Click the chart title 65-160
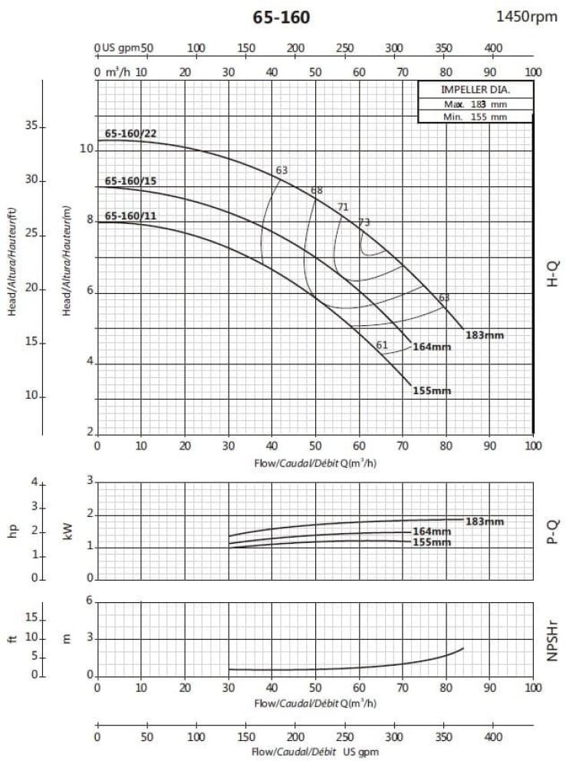(281, 17)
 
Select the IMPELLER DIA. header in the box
(475, 89)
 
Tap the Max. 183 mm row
(476, 104)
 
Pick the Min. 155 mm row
(476, 117)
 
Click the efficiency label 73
(364, 222)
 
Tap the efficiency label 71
(343, 206)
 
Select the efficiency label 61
(382, 344)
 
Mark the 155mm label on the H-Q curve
(432, 390)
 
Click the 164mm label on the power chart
(432, 532)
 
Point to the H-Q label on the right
(552, 274)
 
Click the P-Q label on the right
(552, 530)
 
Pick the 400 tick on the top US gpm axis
(493, 48)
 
